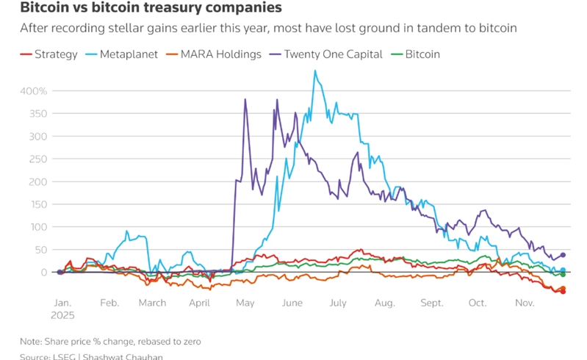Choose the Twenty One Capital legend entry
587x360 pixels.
point(326,54)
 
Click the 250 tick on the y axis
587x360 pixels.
point(37,159)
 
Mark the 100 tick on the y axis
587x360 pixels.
point(37,227)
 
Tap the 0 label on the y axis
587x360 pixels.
point(43,273)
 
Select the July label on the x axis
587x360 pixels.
point(338,303)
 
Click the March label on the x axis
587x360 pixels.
point(153,303)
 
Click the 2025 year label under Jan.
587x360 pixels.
point(63,314)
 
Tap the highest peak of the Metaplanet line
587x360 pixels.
point(315,71)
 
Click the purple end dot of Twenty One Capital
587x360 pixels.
point(563,255)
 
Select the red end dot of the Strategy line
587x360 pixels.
point(563,291)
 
